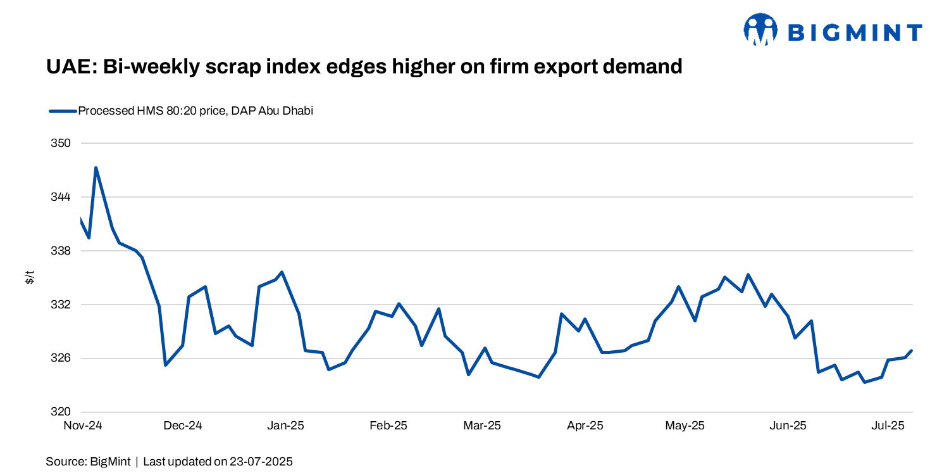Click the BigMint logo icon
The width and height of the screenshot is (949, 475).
point(760,30)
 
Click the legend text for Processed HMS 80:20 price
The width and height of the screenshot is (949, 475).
point(195,111)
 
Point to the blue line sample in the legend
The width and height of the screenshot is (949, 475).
point(63,111)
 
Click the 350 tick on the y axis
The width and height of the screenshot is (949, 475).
point(61,143)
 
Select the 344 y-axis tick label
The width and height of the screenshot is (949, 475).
point(61,197)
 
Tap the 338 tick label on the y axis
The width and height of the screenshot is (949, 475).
point(61,251)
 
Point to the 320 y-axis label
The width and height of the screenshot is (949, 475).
point(61,412)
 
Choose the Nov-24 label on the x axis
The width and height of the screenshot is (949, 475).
point(83,426)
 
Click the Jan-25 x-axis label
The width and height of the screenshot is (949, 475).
point(285,426)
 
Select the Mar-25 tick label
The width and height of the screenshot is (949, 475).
point(482,426)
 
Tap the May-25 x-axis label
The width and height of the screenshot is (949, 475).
point(685,426)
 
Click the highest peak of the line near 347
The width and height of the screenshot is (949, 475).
point(96,168)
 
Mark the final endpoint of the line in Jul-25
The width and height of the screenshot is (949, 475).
point(912,350)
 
